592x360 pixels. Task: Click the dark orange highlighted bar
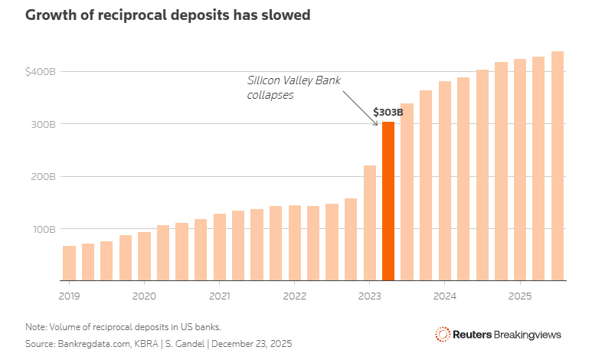(388, 201)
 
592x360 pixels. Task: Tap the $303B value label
(388, 112)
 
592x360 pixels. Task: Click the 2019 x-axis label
(69, 295)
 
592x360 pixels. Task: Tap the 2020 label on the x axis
(144, 295)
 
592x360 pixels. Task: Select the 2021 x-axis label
(219, 295)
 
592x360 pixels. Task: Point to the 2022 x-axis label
(294, 295)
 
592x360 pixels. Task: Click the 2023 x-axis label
(369, 295)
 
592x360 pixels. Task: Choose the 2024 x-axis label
(444, 295)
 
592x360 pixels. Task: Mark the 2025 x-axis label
(519, 295)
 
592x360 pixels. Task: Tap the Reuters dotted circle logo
(442, 335)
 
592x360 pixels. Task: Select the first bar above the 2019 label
(69, 263)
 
